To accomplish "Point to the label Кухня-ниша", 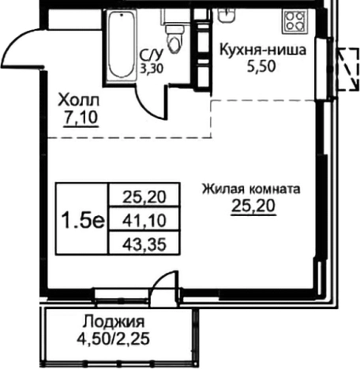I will (262, 52).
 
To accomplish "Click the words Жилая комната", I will (251, 189).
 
